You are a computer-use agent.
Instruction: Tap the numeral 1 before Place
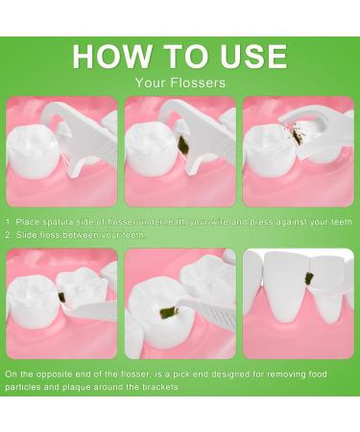9,222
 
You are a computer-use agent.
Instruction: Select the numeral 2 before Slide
9,235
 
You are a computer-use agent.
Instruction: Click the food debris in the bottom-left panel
62,298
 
